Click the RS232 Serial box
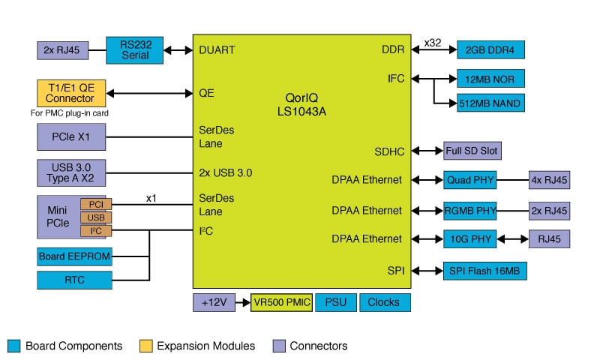point(134,50)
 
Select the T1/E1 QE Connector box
point(71,93)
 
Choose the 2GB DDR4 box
point(490,50)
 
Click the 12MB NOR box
point(490,78)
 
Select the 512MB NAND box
point(490,103)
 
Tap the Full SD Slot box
point(472,151)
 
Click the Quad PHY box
point(469,180)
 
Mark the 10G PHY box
point(469,238)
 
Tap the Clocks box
point(385,302)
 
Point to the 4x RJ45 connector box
point(549,180)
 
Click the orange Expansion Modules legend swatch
point(147,346)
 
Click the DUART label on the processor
point(217,50)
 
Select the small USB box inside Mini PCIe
point(96,217)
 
